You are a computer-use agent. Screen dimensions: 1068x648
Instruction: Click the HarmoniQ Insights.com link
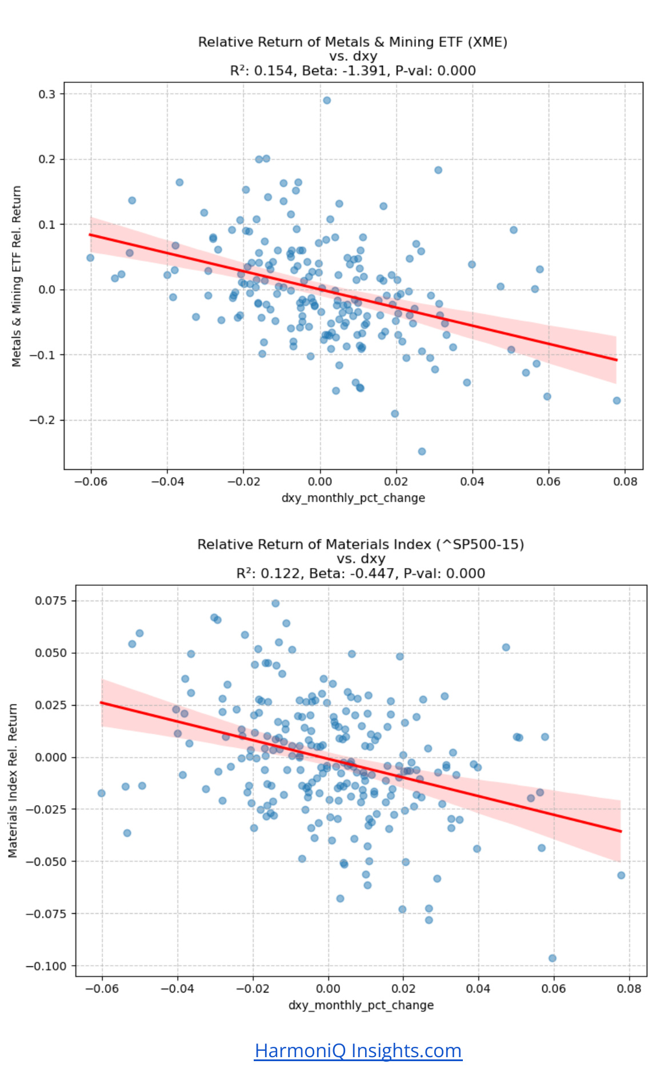point(358,1050)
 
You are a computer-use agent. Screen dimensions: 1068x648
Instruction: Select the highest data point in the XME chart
point(327,101)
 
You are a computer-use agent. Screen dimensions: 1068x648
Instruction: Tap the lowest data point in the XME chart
point(422,451)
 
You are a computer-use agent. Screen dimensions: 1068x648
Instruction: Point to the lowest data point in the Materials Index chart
point(552,958)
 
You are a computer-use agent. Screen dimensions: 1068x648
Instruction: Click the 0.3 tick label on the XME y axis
point(47,94)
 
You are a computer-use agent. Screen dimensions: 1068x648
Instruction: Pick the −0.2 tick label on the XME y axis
point(42,421)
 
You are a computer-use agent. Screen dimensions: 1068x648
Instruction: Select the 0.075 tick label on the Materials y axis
point(51,601)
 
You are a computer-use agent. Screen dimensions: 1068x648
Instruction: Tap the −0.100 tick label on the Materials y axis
point(46,966)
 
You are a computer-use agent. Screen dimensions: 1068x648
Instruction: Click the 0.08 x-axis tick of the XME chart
point(625,482)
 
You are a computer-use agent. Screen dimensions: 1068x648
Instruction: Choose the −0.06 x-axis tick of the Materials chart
point(102,989)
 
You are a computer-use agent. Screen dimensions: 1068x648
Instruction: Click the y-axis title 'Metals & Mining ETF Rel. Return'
point(17,276)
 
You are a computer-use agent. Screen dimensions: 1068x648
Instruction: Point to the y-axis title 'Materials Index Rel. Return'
point(13,781)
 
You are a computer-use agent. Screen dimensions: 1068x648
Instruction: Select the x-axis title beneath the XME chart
point(353,498)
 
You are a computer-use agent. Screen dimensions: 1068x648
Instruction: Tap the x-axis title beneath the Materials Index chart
point(361,1005)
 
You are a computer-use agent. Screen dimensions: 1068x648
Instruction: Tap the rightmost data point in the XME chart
point(617,401)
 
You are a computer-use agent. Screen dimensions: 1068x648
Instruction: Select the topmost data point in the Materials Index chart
point(275,603)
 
